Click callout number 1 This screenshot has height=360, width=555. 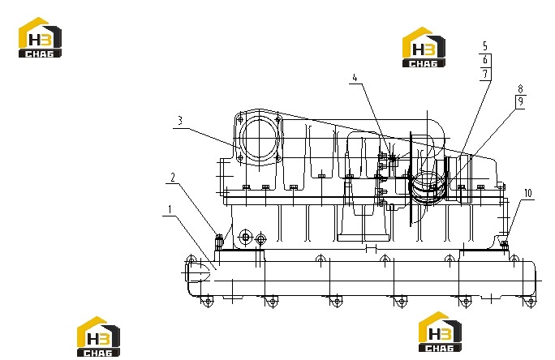point(170,210)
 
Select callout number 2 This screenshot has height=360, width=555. point(173,178)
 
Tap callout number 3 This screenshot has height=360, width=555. point(180,121)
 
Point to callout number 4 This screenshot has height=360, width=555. point(355,78)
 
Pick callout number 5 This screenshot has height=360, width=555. point(485,46)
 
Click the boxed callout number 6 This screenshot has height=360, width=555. point(485,60)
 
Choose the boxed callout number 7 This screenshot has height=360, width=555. point(485,74)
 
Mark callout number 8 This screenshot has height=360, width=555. point(520,88)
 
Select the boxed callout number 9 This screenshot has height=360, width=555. point(520,101)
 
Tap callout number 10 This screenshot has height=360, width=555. point(527,193)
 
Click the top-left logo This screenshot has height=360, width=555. point(40,37)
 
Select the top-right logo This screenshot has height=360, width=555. point(424,47)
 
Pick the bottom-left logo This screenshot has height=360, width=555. point(98,336)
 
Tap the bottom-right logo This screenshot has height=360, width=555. point(440,332)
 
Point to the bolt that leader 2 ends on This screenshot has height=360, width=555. point(219,242)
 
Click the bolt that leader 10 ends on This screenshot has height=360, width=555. point(505,244)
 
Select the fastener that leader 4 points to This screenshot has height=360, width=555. point(393,158)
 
